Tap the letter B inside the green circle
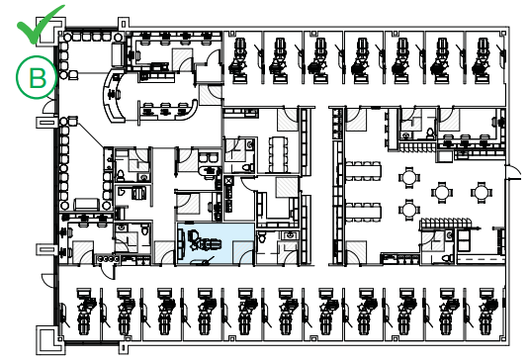point(38,78)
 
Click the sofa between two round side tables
point(86,205)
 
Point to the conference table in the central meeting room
point(278,154)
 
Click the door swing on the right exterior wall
point(513,171)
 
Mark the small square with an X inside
point(228,181)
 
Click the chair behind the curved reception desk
point(113,95)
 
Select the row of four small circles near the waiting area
point(109,259)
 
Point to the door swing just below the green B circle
point(48,105)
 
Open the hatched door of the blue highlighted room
point(242,252)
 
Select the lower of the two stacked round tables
point(409,210)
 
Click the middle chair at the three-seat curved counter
point(165,110)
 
